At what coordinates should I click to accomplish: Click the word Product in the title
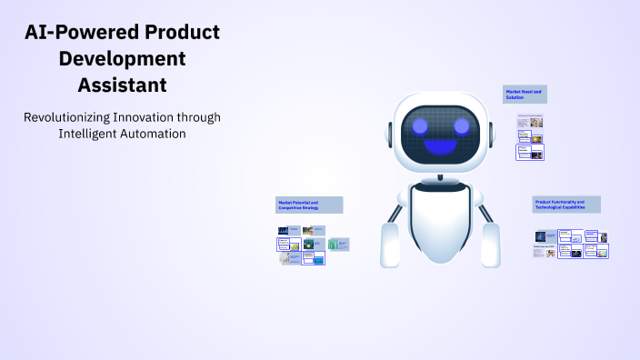181,33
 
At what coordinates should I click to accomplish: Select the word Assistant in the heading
122,86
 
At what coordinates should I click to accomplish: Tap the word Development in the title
122,60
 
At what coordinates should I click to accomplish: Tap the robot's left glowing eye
421,125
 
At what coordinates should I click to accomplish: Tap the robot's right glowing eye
463,125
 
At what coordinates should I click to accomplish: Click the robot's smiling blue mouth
442,145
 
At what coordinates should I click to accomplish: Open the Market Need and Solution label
525,94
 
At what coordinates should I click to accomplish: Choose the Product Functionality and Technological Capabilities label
566,205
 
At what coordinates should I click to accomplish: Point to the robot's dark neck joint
441,178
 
